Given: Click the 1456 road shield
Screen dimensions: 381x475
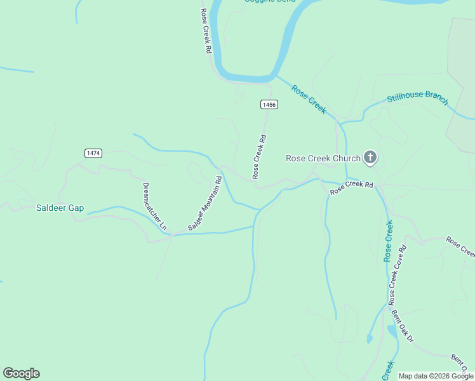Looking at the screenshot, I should [x=269, y=104].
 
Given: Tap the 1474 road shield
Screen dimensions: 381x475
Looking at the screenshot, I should [x=93, y=153].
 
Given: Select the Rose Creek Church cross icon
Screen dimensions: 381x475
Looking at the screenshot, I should [x=370, y=157].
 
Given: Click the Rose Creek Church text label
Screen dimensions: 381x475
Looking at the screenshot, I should [x=323, y=158].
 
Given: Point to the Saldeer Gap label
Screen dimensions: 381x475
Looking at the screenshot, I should [x=60, y=208].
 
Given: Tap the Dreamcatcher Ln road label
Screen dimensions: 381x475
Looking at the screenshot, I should [x=154, y=206].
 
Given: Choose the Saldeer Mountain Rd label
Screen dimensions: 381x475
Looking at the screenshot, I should [x=205, y=203].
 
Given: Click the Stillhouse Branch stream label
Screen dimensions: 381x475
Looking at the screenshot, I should [x=417, y=98].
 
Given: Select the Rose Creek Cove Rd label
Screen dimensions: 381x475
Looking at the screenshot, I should [x=398, y=273].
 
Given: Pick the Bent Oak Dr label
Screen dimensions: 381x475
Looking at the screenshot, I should [x=402, y=325].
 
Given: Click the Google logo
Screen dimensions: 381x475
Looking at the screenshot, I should [x=21, y=373].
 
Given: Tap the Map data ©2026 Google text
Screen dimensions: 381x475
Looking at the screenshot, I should [x=436, y=376].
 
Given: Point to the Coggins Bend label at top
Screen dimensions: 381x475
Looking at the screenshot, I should [x=269, y=2].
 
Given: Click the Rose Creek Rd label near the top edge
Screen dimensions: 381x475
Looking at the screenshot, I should [x=205, y=30].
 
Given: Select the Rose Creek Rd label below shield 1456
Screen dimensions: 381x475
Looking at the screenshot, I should [x=259, y=156].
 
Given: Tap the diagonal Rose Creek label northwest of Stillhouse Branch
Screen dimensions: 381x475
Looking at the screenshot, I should [x=309, y=99].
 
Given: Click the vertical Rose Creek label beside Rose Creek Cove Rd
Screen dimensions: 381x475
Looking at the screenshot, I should [x=388, y=241].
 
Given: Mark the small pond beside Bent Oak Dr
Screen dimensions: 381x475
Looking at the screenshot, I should [x=392, y=331].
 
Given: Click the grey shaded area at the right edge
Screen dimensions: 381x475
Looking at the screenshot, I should [x=462, y=76].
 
